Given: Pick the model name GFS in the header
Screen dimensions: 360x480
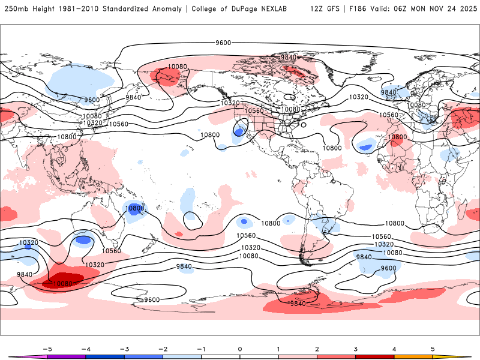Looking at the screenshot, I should point(331,9).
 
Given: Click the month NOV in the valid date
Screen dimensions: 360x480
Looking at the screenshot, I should point(433,9).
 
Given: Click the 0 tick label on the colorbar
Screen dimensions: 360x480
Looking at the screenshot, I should point(240,348).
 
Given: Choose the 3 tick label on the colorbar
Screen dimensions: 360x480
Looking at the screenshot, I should point(355,348).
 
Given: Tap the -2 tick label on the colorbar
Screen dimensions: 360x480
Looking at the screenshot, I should point(162,348).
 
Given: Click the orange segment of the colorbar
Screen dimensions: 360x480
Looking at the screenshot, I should point(413,356).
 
